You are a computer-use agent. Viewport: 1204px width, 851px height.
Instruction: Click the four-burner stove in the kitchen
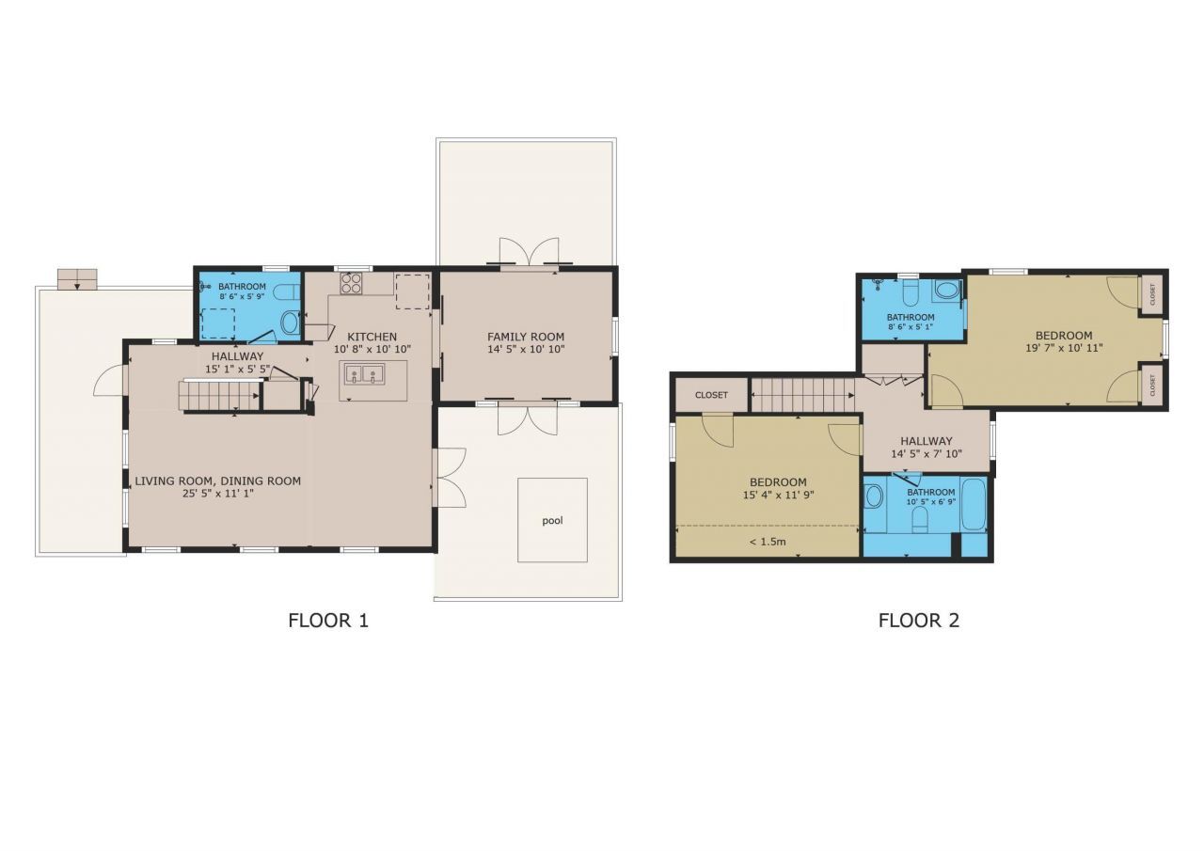[352, 282]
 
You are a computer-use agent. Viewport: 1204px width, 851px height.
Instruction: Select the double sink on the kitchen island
[364, 375]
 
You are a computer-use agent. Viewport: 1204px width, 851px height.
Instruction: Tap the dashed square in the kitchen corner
[412, 292]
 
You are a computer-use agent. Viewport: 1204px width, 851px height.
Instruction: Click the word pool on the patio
[552, 520]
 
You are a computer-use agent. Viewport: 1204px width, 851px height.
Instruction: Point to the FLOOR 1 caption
[328, 621]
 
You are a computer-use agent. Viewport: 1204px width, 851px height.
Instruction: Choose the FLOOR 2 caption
[918, 621]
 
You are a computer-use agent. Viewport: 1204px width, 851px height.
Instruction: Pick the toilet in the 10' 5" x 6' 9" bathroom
[920, 519]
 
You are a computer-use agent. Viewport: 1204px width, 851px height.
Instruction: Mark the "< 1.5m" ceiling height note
[768, 542]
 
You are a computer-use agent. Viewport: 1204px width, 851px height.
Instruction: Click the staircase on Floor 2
[802, 395]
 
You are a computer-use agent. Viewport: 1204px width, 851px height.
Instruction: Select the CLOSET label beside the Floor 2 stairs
[711, 395]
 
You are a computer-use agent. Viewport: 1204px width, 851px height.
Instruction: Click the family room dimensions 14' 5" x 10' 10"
[526, 350]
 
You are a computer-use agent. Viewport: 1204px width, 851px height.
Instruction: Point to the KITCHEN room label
[372, 337]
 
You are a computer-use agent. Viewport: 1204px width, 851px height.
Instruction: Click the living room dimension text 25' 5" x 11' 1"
[217, 494]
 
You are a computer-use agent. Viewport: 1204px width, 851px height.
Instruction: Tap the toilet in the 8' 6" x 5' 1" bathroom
[947, 291]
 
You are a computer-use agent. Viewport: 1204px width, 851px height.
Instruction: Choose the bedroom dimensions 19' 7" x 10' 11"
[1063, 348]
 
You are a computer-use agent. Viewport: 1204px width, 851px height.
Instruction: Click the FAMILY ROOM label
[526, 337]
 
